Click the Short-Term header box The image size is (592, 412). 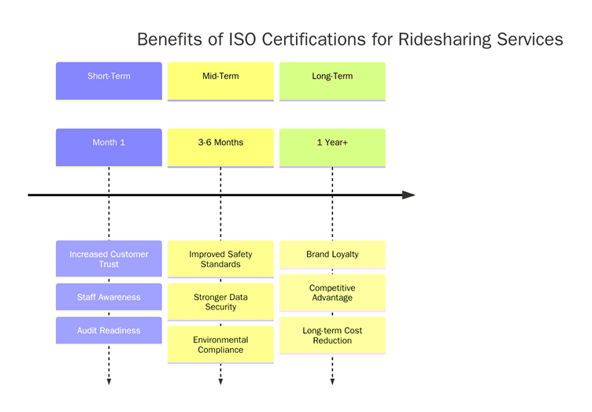(109, 81)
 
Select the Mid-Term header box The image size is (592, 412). (220, 81)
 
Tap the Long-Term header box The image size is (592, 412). (332, 81)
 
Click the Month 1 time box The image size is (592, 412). (109, 147)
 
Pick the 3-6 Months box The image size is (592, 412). (220, 147)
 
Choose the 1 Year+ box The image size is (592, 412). (332, 147)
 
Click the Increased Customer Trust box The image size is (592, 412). (109, 259)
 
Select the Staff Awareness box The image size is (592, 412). (109, 297)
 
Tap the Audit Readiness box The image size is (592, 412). (109, 330)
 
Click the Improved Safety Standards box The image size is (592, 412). (220, 259)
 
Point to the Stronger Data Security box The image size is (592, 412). (220, 302)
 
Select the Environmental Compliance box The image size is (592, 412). (220, 344)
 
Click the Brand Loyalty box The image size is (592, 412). (332, 254)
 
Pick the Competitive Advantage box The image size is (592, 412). (332, 292)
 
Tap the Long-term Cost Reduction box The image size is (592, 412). (332, 335)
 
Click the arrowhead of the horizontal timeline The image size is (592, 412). (409, 195)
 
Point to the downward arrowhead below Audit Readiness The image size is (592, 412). (109, 382)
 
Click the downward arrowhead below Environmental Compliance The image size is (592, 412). (220, 382)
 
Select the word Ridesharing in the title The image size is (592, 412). (445, 39)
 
